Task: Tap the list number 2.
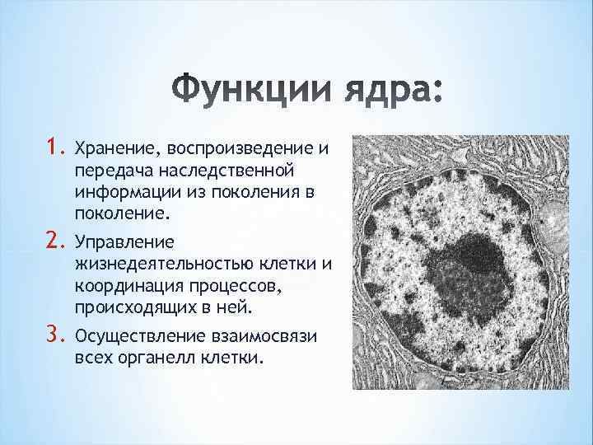[58, 241]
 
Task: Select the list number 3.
[58, 334]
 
